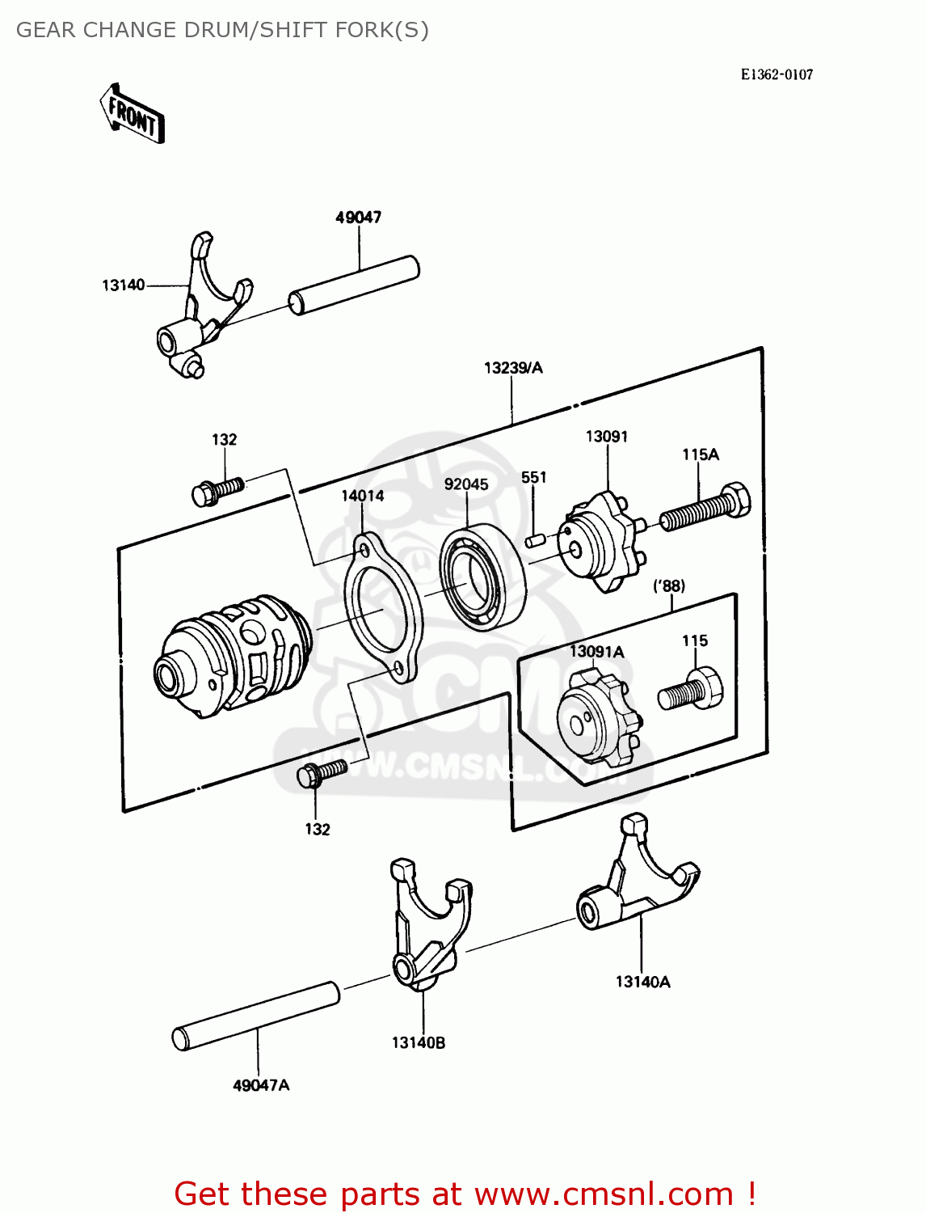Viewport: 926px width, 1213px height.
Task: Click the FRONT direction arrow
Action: click(132, 114)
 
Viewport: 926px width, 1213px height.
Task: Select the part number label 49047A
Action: click(261, 1084)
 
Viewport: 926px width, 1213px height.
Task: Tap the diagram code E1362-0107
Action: click(777, 74)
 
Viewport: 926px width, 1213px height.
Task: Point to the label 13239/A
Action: click(513, 367)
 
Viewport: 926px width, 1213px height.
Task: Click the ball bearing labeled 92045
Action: click(483, 577)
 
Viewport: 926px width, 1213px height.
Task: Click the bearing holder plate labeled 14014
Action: click(383, 607)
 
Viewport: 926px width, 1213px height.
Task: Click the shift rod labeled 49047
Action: click(354, 285)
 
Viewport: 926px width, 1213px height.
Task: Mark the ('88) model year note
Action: click(669, 585)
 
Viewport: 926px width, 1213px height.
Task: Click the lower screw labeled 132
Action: click(322, 773)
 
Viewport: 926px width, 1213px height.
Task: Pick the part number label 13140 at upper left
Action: click(123, 285)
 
